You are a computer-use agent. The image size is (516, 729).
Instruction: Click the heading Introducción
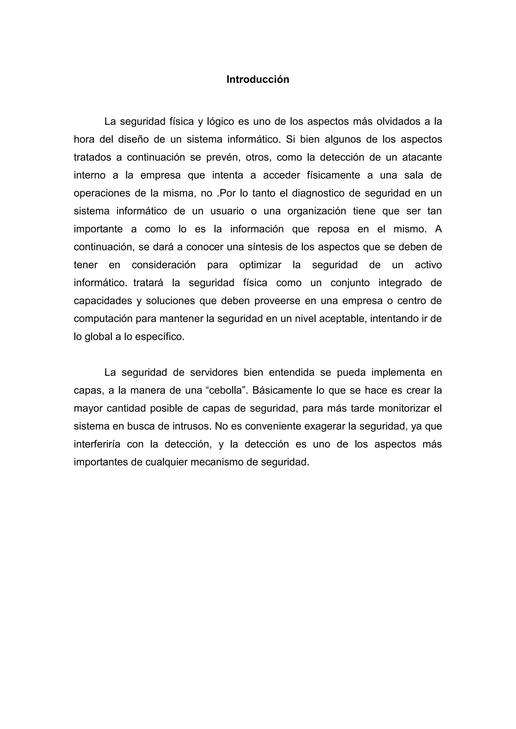click(x=258, y=79)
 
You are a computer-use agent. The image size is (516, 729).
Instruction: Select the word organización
click(x=316, y=211)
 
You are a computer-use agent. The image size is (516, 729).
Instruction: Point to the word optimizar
click(x=260, y=265)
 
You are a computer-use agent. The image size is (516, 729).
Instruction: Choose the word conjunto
click(x=350, y=283)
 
